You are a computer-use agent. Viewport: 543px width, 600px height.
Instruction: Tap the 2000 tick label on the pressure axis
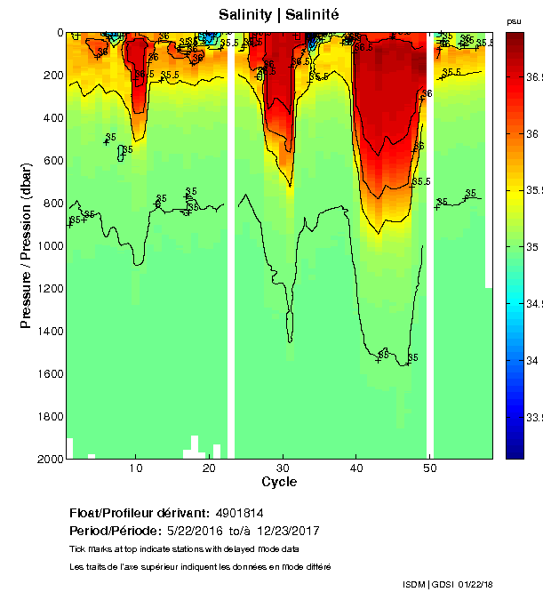coord(50,459)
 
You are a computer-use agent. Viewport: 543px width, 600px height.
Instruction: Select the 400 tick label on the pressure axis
coord(53,117)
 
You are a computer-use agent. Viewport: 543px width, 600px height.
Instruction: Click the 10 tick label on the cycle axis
coord(135,468)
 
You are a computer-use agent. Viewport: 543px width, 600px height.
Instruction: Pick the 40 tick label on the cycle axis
coord(355,468)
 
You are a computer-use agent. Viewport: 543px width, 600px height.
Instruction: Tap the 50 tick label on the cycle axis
coord(429,468)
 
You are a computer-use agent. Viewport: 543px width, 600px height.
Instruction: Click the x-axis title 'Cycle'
coord(279,482)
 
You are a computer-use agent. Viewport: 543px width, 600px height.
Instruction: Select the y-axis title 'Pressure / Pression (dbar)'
coord(26,246)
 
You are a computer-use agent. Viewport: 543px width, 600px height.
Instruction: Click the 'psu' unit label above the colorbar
coord(514,20)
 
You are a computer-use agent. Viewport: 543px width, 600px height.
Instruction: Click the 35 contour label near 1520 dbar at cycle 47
coord(412,357)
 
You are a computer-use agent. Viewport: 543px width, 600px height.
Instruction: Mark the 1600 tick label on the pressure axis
coord(50,373)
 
